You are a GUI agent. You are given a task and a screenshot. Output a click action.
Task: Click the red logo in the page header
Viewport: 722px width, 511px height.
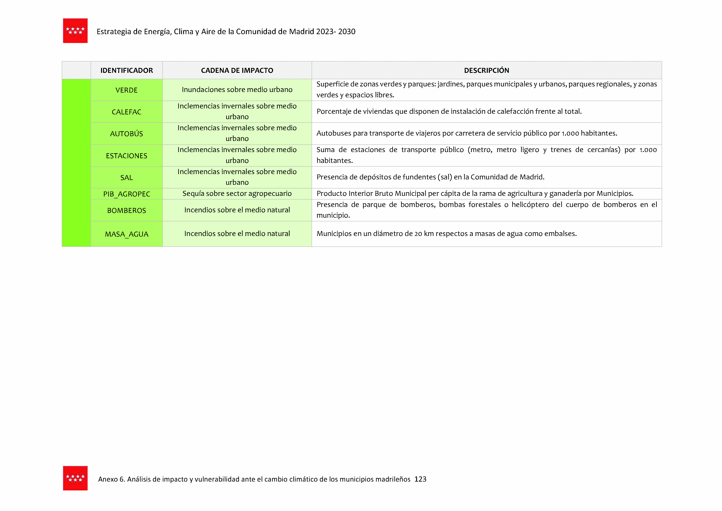click(75, 30)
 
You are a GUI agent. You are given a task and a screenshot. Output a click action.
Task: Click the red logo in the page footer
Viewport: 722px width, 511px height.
click(75, 478)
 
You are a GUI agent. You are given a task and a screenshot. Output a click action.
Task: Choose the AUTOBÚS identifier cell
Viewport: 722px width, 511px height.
click(127, 134)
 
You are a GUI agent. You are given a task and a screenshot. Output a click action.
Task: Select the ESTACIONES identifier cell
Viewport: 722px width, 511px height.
click(127, 156)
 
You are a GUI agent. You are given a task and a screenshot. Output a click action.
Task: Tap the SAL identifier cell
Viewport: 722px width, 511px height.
click(127, 178)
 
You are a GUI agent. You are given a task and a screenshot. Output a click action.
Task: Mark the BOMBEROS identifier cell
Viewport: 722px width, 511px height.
click(127, 210)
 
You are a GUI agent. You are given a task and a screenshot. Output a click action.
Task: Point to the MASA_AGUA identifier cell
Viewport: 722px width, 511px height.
click(127, 234)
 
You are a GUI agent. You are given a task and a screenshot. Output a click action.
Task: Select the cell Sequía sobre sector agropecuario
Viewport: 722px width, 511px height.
click(237, 194)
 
